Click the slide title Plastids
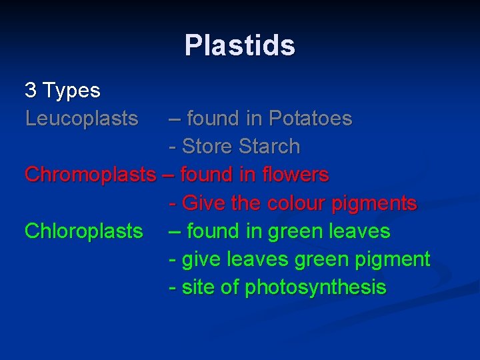pyautogui.click(x=239, y=46)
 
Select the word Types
pyautogui.click(x=71, y=91)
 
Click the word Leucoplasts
pyautogui.click(x=81, y=119)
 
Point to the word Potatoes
pyautogui.click(x=310, y=119)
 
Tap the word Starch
pyautogui.click(x=269, y=147)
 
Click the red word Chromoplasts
pyautogui.click(x=89, y=175)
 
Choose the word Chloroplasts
pyautogui.click(x=83, y=231)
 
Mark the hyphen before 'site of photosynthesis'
pyautogui.click(x=173, y=288)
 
